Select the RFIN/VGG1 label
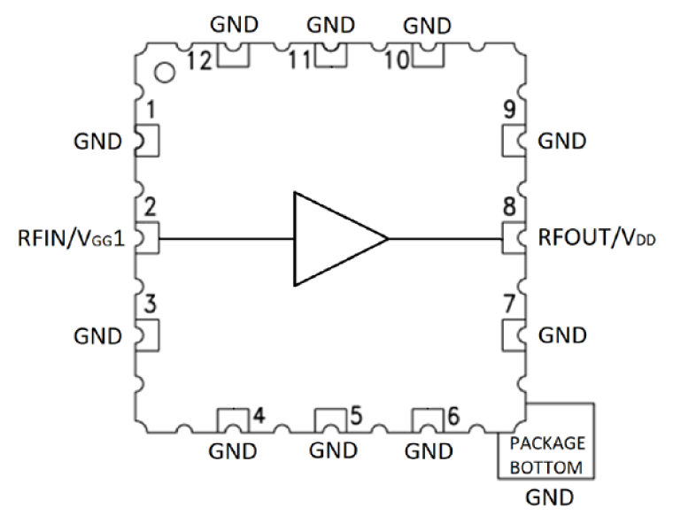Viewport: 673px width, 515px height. pos(68,239)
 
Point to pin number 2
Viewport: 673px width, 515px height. pos(151,209)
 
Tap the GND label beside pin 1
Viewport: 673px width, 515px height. pos(97,142)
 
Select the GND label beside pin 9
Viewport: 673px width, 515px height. pos(562,141)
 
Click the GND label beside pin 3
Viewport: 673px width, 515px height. pos(97,336)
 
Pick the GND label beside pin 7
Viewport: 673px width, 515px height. pos(562,335)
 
